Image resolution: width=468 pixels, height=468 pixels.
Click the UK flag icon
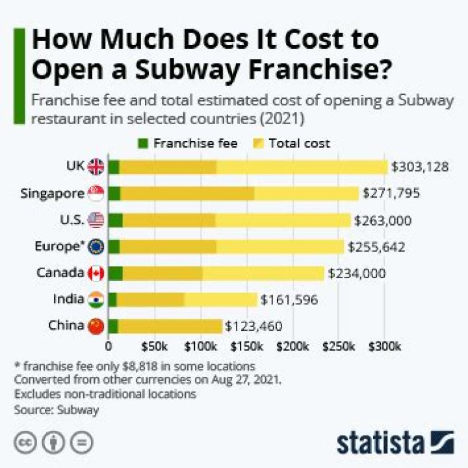[x=96, y=167]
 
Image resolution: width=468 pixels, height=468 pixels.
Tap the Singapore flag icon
[x=96, y=193]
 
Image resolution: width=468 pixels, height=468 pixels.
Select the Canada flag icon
[x=96, y=273]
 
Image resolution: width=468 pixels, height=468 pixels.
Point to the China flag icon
[x=96, y=326]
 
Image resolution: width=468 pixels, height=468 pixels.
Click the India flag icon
[x=96, y=300]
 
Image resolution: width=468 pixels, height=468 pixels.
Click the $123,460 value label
[x=254, y=326]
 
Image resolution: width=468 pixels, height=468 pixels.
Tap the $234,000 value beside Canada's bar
[x=357, y=273]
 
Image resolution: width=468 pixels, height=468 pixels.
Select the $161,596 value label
[x=290, y=300]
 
